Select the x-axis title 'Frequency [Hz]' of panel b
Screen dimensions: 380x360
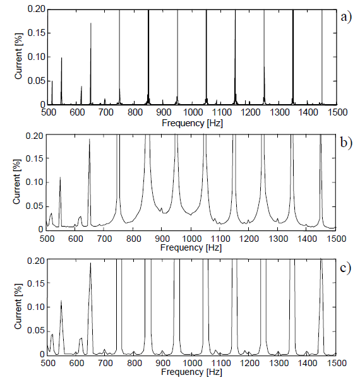[x=191, y=248]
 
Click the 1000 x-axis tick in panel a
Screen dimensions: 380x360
[x=191, y=112]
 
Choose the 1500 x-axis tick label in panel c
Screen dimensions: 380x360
[x=335, y=363]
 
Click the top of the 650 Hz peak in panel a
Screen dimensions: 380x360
[x=90, y=23]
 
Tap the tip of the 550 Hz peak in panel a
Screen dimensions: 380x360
[x=61, y=58]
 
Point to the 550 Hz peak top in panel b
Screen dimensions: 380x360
[x=60, y=178]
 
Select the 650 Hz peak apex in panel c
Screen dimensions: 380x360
[x=90, y=263]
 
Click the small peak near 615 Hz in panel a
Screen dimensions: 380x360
[x=81, y=86]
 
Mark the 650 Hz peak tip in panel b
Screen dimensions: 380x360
[x=90, y=140]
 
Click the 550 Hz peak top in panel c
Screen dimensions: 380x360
[x=61, y=301]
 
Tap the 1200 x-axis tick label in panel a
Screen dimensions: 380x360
[x=249, y=112]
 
